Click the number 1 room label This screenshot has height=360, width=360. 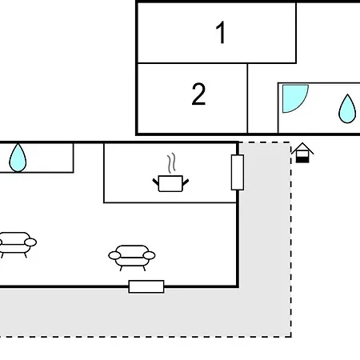tap(221, 33)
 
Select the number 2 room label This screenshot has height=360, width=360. tap(198, 94)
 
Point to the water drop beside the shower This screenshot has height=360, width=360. tap(347, 109)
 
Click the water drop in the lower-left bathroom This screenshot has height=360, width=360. tap(18, 158)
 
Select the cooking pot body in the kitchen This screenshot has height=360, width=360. tap(170, 183)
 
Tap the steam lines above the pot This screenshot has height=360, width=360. tap(172, 162)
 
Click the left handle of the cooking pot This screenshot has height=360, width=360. tap(156, 182)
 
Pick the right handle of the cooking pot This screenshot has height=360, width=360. tap(186, 182)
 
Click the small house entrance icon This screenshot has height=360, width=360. tap(302, 153)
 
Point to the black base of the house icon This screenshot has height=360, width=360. tap(302, 160)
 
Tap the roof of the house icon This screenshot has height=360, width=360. tap(302, 148)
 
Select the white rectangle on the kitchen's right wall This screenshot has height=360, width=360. tap(238, 172)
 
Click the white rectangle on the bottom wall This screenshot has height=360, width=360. tap(146, 286)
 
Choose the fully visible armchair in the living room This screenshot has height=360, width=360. tap(132, 258)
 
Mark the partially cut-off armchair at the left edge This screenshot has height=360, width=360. tap(17, 245)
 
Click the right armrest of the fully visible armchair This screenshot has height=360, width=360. tap(149, 255)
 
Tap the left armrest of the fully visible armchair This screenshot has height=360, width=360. tap(114, 255)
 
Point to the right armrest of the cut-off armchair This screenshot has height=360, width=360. tap(30, 242)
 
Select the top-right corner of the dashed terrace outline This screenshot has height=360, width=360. tap(290, 142)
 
